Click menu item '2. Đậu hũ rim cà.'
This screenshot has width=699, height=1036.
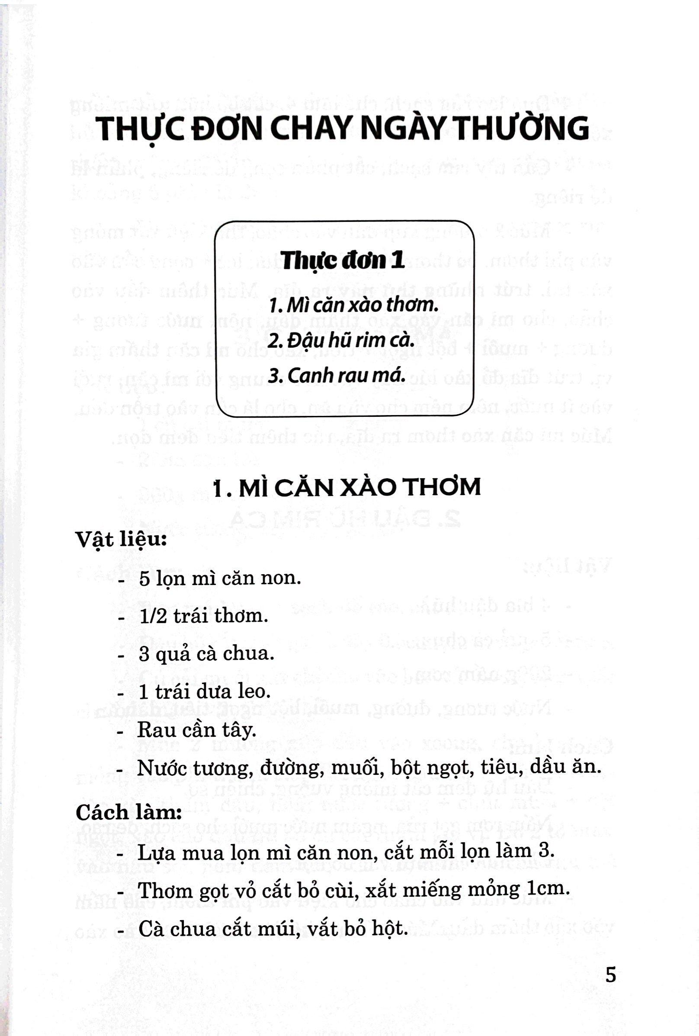[x=341, y=340]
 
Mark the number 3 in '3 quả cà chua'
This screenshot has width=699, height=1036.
[x=144, y=654]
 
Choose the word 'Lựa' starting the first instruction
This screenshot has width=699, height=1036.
[x=153, y=852]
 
